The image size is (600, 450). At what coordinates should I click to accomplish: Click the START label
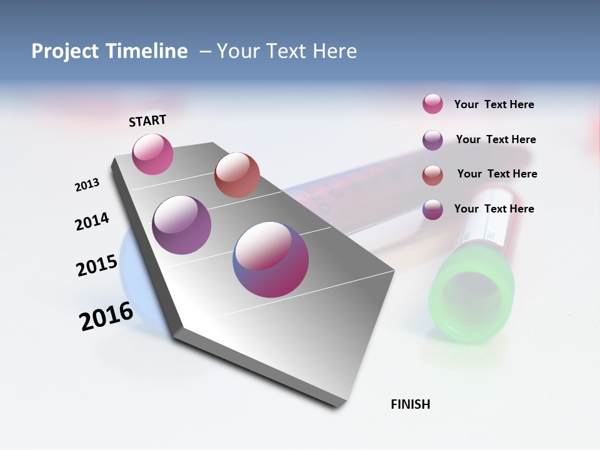click(147, 121)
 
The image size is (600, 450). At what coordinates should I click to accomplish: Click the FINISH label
click(410, 404)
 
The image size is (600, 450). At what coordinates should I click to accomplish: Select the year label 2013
click(87, 185)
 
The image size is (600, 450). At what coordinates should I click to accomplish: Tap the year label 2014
click(92, 221)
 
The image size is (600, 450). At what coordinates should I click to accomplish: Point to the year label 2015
click(97, 266)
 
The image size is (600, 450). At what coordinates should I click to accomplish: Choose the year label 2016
click(106, 316)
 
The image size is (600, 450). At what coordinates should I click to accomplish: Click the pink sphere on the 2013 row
click(152, 154)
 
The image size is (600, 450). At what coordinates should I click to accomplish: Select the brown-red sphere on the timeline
click(237, 175)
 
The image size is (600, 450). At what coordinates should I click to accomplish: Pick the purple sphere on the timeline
click(181, 225)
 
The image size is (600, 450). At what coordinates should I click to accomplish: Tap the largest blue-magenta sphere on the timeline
click(271, 259)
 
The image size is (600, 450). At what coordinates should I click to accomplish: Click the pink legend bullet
click(432, 104)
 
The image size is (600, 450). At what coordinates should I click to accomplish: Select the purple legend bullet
click(432, 140)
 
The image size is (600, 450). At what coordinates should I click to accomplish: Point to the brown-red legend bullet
click(432, 175)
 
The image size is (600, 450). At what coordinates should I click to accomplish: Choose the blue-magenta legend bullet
click(432, 209)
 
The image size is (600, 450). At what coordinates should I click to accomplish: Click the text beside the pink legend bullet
click(494, 104)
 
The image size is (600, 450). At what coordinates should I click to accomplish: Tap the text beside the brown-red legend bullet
click(497, 174)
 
